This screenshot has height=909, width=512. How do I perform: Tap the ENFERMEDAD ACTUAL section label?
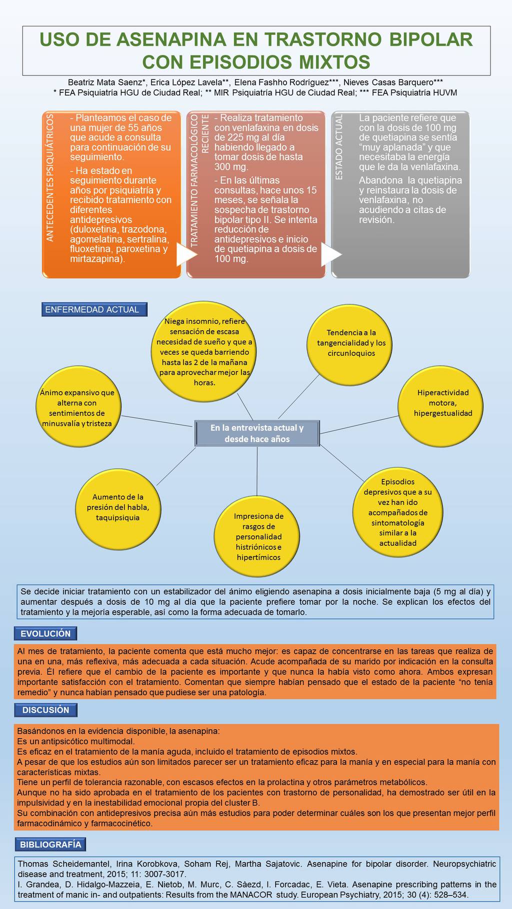tap(94, 310)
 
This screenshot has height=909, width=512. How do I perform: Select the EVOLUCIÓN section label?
tap(45, 634)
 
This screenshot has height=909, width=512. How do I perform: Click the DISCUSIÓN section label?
tap(45, 710)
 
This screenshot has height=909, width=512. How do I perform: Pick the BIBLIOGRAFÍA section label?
tap(50, 845)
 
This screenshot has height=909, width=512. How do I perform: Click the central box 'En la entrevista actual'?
tap(257, 434)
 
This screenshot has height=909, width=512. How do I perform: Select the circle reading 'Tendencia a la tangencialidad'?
tap(351, 339)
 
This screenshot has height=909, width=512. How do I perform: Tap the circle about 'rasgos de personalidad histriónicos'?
tap(258, 537)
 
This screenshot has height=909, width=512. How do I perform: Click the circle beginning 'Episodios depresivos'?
tap(397, 512)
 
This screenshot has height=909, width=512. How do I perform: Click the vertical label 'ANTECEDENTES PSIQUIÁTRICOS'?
tap(50, 177)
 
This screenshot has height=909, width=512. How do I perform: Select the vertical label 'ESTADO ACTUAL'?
tap(339, 146)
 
